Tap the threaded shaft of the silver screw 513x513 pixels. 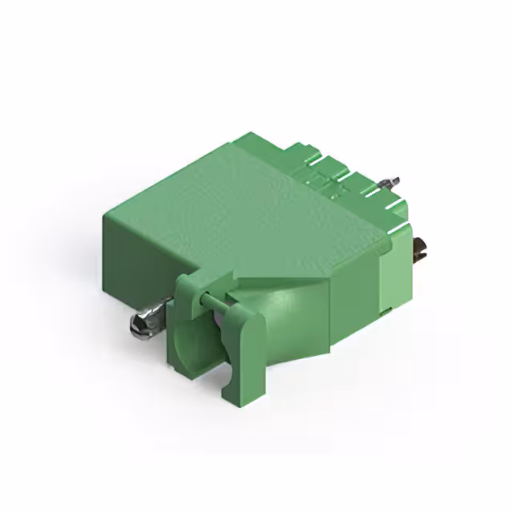[x=158, y=309]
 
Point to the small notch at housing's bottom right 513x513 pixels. [x=386, y=308]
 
